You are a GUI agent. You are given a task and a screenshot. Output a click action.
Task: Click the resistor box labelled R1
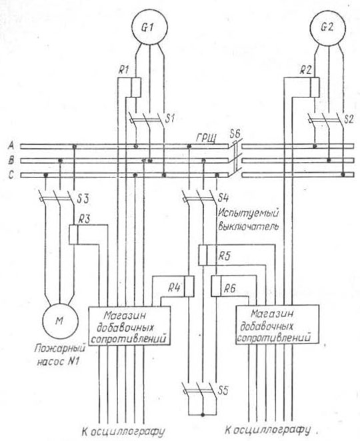pyautogui.click(x=136, y=87)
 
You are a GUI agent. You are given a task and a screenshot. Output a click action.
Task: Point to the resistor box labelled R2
pyautogui.click(x=315, y=87)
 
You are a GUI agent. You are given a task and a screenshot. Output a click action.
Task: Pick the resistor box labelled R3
pyautogui.click(x=73, y=235)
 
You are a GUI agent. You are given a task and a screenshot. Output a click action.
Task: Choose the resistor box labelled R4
pyautogui.click(x=189, y=286)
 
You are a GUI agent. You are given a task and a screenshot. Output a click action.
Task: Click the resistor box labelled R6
pyautogui.click(x=216, y=286)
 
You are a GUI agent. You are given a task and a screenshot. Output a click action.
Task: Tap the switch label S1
pyautogui.click(x=170, y=119)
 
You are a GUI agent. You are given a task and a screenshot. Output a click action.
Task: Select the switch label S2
pyautogui.click(x=349, y=119)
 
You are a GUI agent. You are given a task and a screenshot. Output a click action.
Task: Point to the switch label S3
pyautogui.click(x=83, y=199)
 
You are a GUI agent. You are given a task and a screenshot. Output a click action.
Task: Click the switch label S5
pyautogui.click(x=223, y=390)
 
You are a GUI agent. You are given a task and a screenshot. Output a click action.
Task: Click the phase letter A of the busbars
pyautogui.click(x=11, y=145)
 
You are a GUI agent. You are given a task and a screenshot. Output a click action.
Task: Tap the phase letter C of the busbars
pyautogui.click(x=11, y=175)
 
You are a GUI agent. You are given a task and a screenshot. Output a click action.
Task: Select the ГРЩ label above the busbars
pyautogui.click(x=207, y=139)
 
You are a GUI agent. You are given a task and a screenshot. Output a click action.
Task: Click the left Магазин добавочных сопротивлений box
pyautogui.click(x=129, y=326)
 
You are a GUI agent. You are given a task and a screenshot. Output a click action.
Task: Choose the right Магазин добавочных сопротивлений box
pyautogui.click(x=277, y=324)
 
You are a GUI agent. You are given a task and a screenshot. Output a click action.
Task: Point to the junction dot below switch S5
pyautogui.click(x=203, y=415)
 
